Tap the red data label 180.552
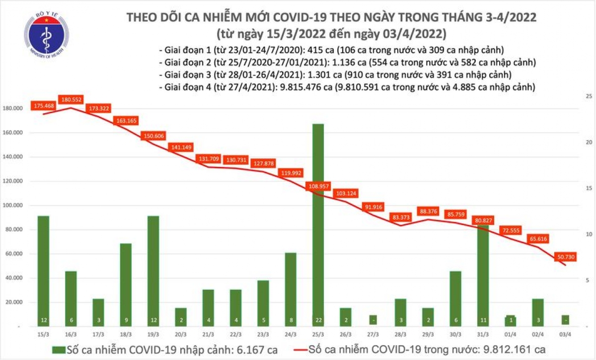71,99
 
